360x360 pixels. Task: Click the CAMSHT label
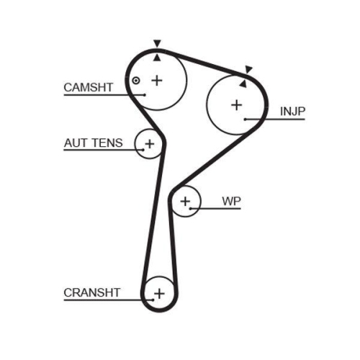click(x=89, y=87)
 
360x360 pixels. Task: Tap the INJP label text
click(x=292, y=112)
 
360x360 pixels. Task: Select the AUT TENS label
click(x=94, y=143)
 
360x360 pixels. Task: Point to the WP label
click(x=231, y=201)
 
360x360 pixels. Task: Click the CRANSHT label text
click(x=92, y=292)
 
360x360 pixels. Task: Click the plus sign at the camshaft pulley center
click(x=157, y=81)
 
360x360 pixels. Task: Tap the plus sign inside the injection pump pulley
click(x=237, y=105)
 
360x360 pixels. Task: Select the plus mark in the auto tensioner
click(x=150, y=144)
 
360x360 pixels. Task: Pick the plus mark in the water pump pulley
click(x=185, y=201)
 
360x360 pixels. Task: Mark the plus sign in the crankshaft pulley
click(x=159, y=294)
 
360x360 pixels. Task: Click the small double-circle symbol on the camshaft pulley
click(x=136, y=81)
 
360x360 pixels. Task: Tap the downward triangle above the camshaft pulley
click(x=157, y=43)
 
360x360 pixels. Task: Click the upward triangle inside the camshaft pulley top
click(x=157, y=58)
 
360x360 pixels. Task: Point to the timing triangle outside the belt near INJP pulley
click(x=248, y=69)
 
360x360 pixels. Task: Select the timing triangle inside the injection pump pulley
click(x=243, y=84)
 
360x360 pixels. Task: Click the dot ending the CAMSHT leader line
click(x=144, y=95)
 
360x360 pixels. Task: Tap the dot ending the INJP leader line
click(x=246, y=119)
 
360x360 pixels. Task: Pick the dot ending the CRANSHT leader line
click(x=153, y=300)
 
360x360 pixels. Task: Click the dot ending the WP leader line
click(x=190, y=209)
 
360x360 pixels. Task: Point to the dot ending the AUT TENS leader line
click(x=143, y=150)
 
